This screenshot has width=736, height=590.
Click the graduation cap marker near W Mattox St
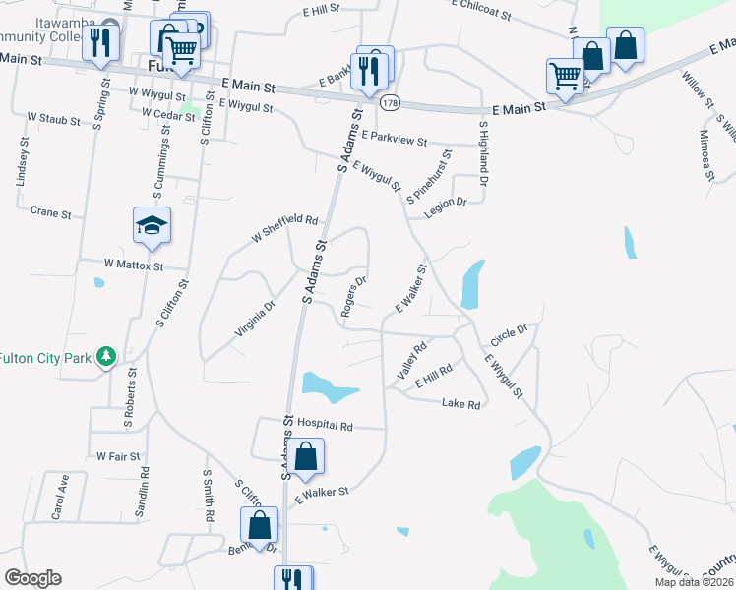pyautogui.click(x=153, y=226)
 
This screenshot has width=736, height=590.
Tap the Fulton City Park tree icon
pyautogui.click(x=107, y=356)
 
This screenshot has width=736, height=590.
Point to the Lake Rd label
pyautogui.click(x=460, y=404)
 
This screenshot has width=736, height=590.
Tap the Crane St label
pyautogui.click(x=51, y=212)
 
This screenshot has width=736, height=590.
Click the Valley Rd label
pyautogui.click(x=411, y=362)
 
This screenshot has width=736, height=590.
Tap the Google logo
pyautogui.click(x=32, y=578)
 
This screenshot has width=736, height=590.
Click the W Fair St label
pyautogui.click(x=118, y=456)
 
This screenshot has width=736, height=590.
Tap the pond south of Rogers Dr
pyautogui.click(x=329, y=386)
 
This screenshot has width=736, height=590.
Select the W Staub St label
pyautogui.click(x=53, y=119)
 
